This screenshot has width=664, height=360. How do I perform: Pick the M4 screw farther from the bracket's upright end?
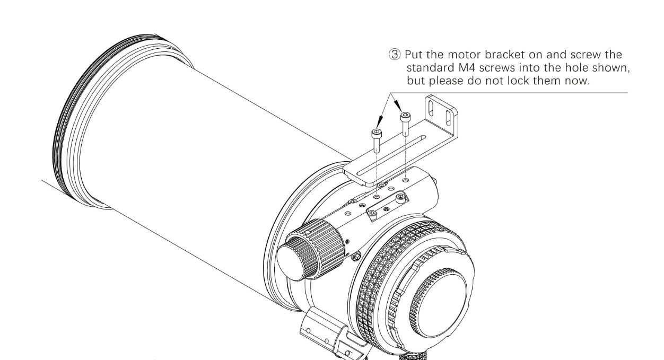tap(377, 140)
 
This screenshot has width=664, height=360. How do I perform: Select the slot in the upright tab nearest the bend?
tap(431, 109)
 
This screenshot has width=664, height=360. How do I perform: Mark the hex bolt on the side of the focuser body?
tap(357, 257)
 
